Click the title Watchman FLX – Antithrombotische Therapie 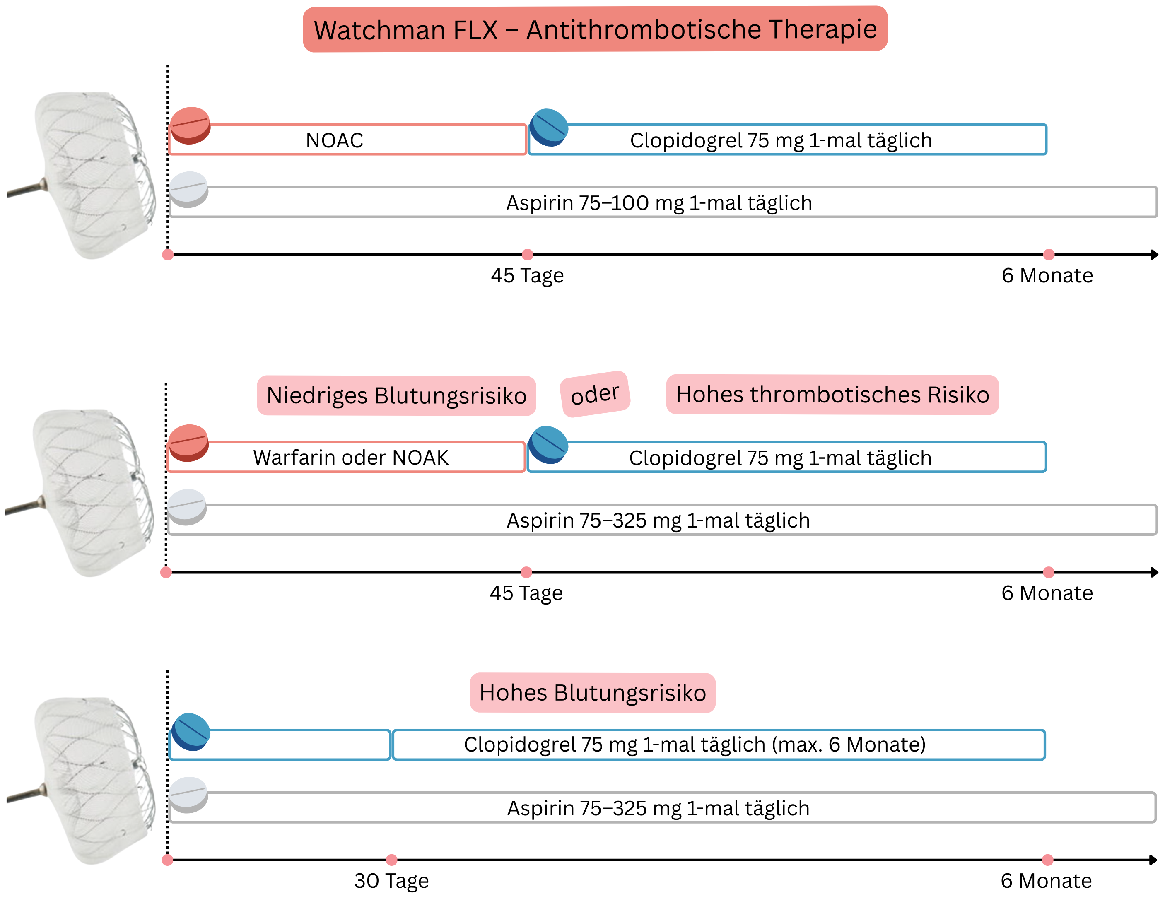point(595,29)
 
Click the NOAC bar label point(335,141)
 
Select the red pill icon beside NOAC point(190,126)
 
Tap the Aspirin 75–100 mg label point(659,203)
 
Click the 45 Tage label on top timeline point(527,276)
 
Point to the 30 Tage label point(391,881)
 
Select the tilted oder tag point(595,395)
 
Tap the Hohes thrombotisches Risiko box point(832,395)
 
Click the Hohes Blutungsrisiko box point(592,693)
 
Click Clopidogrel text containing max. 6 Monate point(695,745)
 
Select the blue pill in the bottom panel point(191,732)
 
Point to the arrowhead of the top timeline point(1154,255)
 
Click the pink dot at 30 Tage point(391,860)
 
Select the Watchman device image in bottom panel point(85,781)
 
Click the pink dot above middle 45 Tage point(526,572)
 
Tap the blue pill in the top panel point(549,128)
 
